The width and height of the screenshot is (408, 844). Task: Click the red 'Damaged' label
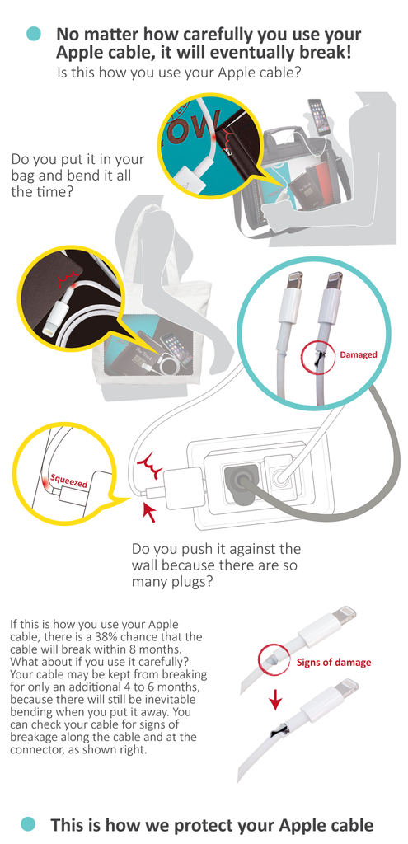[x=358, y=354]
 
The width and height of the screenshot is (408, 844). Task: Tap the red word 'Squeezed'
[x=68, y=481]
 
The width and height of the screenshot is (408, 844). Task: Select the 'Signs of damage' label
[x=334, y=662]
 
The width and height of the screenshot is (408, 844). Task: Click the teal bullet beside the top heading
[x=34, y=34]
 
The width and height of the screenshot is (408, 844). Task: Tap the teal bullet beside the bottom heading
[x=28, y=823]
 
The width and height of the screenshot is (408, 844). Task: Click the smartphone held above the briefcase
[x=319, y=116]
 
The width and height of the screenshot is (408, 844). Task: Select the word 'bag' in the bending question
[x=22, y=176]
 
